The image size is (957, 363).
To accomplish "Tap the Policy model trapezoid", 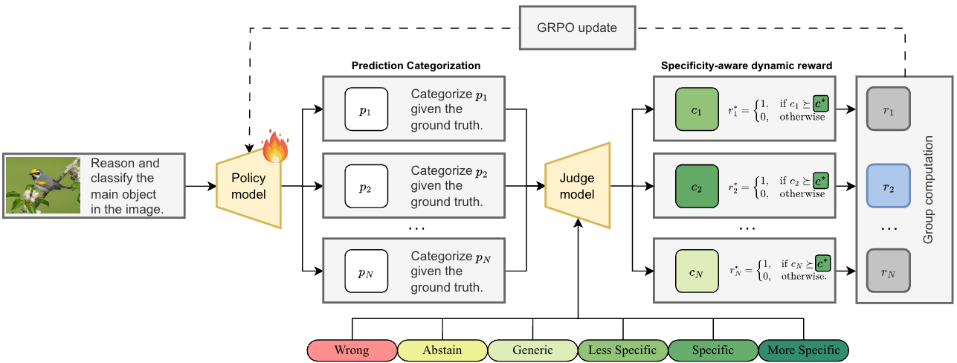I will pyautogui.click(x=248, y=186).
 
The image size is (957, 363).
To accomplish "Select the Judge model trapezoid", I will pyautogui.click(x=577, y=186).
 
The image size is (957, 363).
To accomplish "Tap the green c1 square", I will pyautogui.click(x=696, y=109).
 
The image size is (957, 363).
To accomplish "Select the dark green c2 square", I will pyautogui.click(x=696, y=186).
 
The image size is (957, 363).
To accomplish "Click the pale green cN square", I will pyautogui.click(x=696, y=272).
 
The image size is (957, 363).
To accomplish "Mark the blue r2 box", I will pyautogui.click(x=889, y=186).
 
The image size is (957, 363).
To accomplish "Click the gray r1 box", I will pyautogui.click(x=889, y=109).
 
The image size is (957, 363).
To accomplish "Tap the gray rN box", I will pyautogui.click(x=889, y=272).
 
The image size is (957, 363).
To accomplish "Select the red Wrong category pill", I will pyautogui.click(x=352, y=350).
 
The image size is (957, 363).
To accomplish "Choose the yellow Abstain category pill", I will pyautogui.click(x=442, y=350).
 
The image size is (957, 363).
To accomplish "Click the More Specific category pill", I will pyautogui.click(x=803, y=350).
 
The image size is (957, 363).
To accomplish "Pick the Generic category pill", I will pyautogui.click(x=532, y=350).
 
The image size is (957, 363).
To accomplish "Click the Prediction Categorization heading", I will pyautogui.click(x=416, y=65).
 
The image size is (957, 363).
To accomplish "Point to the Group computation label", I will pyautogui.click(x=929, y=190).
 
